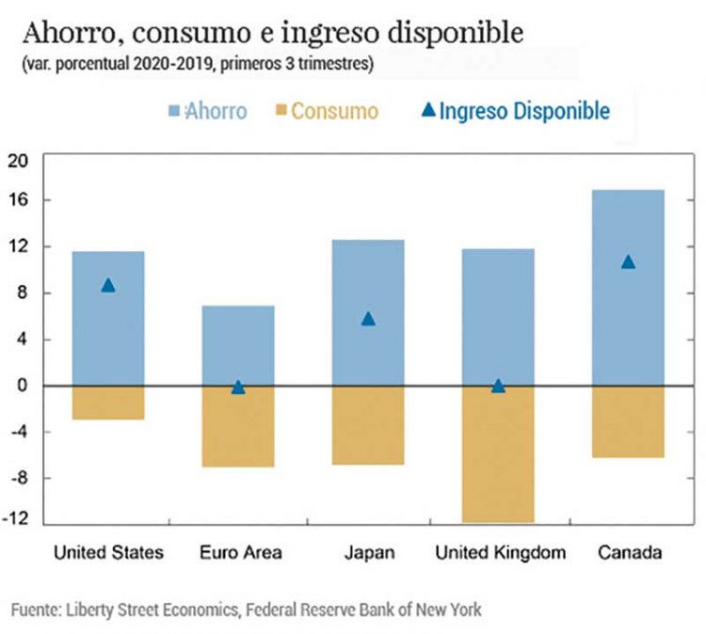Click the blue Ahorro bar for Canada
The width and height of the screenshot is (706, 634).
click(x=628, y=288)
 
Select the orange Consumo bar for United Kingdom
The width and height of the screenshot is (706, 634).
click(x=498, y=453)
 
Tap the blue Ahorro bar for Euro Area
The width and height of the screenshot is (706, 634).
click(x=238, y=345)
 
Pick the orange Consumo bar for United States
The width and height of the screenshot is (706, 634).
click(x=108, y=403)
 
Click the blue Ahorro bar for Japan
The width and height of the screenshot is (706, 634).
click(x=368, y=312)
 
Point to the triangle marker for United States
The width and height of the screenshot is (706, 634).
click(x=108, y=285)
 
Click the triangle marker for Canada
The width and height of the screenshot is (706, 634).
click(x=628, y=262)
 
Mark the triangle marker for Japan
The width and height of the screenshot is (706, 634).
click(x=368, y=319)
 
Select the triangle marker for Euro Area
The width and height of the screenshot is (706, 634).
click(x=238, y=387)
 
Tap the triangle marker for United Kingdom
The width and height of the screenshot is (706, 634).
click(x=498, y=386)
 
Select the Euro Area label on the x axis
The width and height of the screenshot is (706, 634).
click(x=240, y=552)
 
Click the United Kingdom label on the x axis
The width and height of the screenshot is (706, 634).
click(x=500, y=552)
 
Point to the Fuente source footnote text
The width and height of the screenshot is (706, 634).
click(x=247, y=610)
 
